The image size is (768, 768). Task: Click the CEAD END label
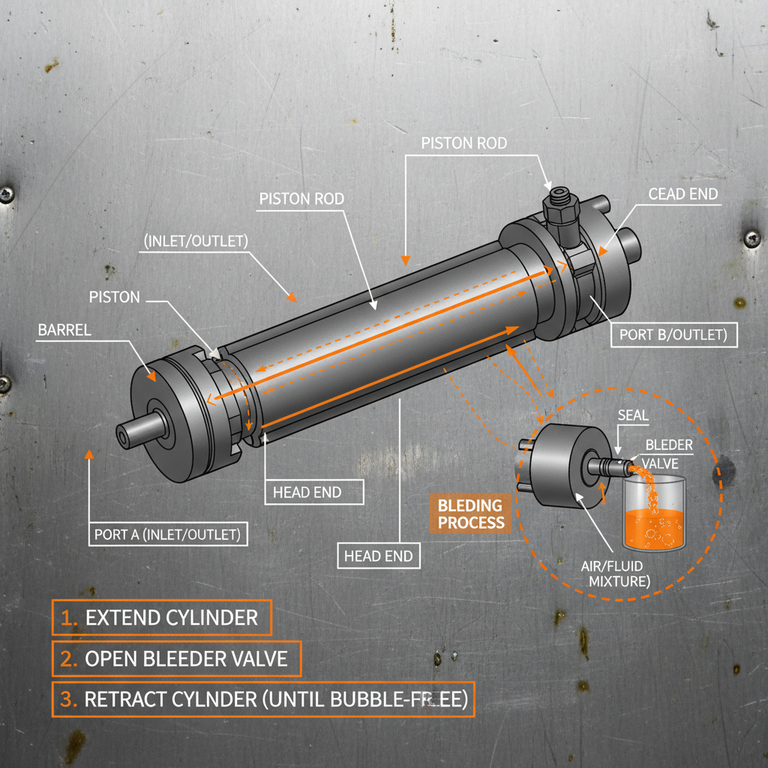pos(683,194)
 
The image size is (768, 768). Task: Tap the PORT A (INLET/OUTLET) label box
pos(166,535)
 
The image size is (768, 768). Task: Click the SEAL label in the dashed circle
pos(634,415)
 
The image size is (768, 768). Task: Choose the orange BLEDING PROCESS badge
pos(470,513)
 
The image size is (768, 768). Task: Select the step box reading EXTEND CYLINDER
pos(161,617)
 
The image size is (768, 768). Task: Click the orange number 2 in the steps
pos(68,658)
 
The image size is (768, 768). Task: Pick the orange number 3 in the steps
pos(68,699)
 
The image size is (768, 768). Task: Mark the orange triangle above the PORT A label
pos(89,454)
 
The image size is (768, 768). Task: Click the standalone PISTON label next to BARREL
pos(114,297)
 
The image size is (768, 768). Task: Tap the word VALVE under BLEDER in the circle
pos(660,462)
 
